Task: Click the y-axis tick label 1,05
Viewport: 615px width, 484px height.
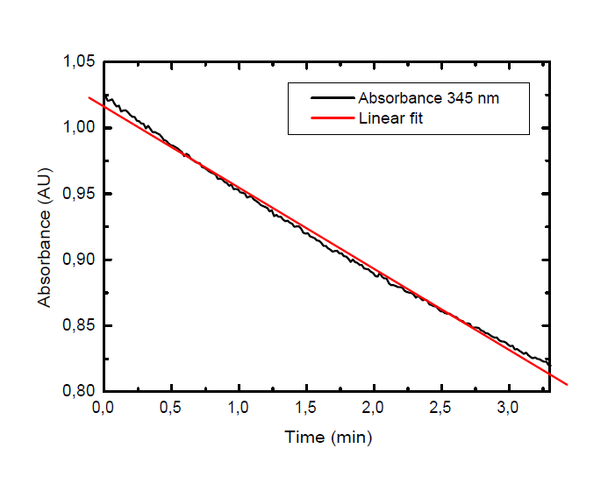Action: point(79,62)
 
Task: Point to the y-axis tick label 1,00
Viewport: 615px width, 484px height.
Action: point(79,128)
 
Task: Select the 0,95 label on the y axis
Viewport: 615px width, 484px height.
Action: point(79,194)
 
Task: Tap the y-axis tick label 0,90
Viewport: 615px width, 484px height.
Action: point(79,260)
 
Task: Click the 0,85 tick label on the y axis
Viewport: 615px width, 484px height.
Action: point(79,325)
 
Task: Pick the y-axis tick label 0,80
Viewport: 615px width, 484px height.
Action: point(79,391)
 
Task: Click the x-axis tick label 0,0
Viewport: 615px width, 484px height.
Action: point(103,409)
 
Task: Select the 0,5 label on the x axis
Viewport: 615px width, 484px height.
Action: point(171,409)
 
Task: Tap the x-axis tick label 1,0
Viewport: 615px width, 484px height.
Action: point(239,409)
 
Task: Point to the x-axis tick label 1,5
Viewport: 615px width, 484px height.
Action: point(306,409)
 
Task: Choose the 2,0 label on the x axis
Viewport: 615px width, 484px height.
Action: point(374,409)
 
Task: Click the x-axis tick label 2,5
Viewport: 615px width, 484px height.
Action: point(441,409)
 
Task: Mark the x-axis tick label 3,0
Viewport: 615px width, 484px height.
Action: point(509,409)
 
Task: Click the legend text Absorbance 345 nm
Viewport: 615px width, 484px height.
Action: point(428,98)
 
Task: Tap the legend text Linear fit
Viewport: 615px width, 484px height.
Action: point(390,118)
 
